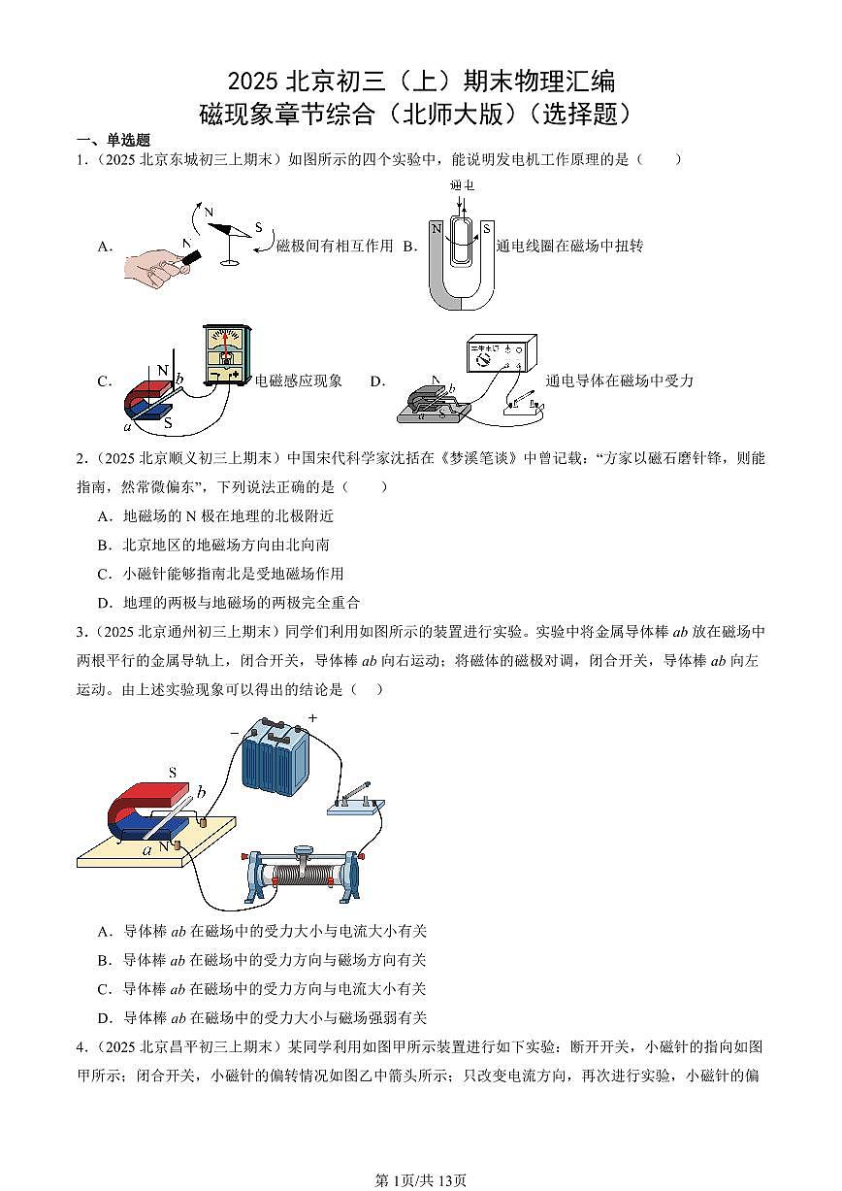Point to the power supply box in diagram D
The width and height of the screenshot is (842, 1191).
click(x=501, y=354)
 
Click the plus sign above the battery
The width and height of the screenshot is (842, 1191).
click(x=312, y=718)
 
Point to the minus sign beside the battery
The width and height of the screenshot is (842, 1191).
click(x=234, y=734)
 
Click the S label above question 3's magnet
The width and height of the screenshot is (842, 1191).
click(x=173, y=773)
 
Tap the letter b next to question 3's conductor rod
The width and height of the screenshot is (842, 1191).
click(x=201, y=793)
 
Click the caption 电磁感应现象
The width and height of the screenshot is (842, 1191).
click(x=299, y=381)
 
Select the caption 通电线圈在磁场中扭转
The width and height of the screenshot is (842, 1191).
click(x=569, y=247)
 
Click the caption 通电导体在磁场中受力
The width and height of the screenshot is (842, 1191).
click(x=620, y=381)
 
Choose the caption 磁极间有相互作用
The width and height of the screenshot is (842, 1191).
click(x=335, y=247)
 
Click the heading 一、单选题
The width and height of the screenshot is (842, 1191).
click(x=114, y=141)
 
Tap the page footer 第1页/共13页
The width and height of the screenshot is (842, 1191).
click(x=421, y=1180)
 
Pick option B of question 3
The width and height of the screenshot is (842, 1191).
click(x=262, y=960)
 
